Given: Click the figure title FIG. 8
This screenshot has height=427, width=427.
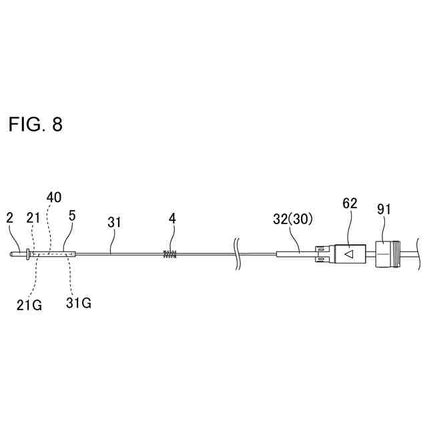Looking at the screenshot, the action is point(35,125).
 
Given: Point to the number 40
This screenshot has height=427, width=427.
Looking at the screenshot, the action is point(53,197).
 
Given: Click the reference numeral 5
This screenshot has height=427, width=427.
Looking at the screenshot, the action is point(72,217).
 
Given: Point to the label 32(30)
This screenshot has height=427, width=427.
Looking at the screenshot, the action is point(294,219).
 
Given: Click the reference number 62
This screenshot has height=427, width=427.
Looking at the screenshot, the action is point(350,203).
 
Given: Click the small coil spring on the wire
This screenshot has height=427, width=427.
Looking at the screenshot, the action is point(171,253).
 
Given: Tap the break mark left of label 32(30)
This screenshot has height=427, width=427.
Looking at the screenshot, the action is point(238,253).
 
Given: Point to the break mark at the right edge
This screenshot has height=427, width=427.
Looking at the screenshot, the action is point(418,253).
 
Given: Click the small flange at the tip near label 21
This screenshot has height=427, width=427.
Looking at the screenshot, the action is point(27,253).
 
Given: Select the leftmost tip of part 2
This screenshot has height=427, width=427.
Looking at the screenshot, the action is point(13,253).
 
